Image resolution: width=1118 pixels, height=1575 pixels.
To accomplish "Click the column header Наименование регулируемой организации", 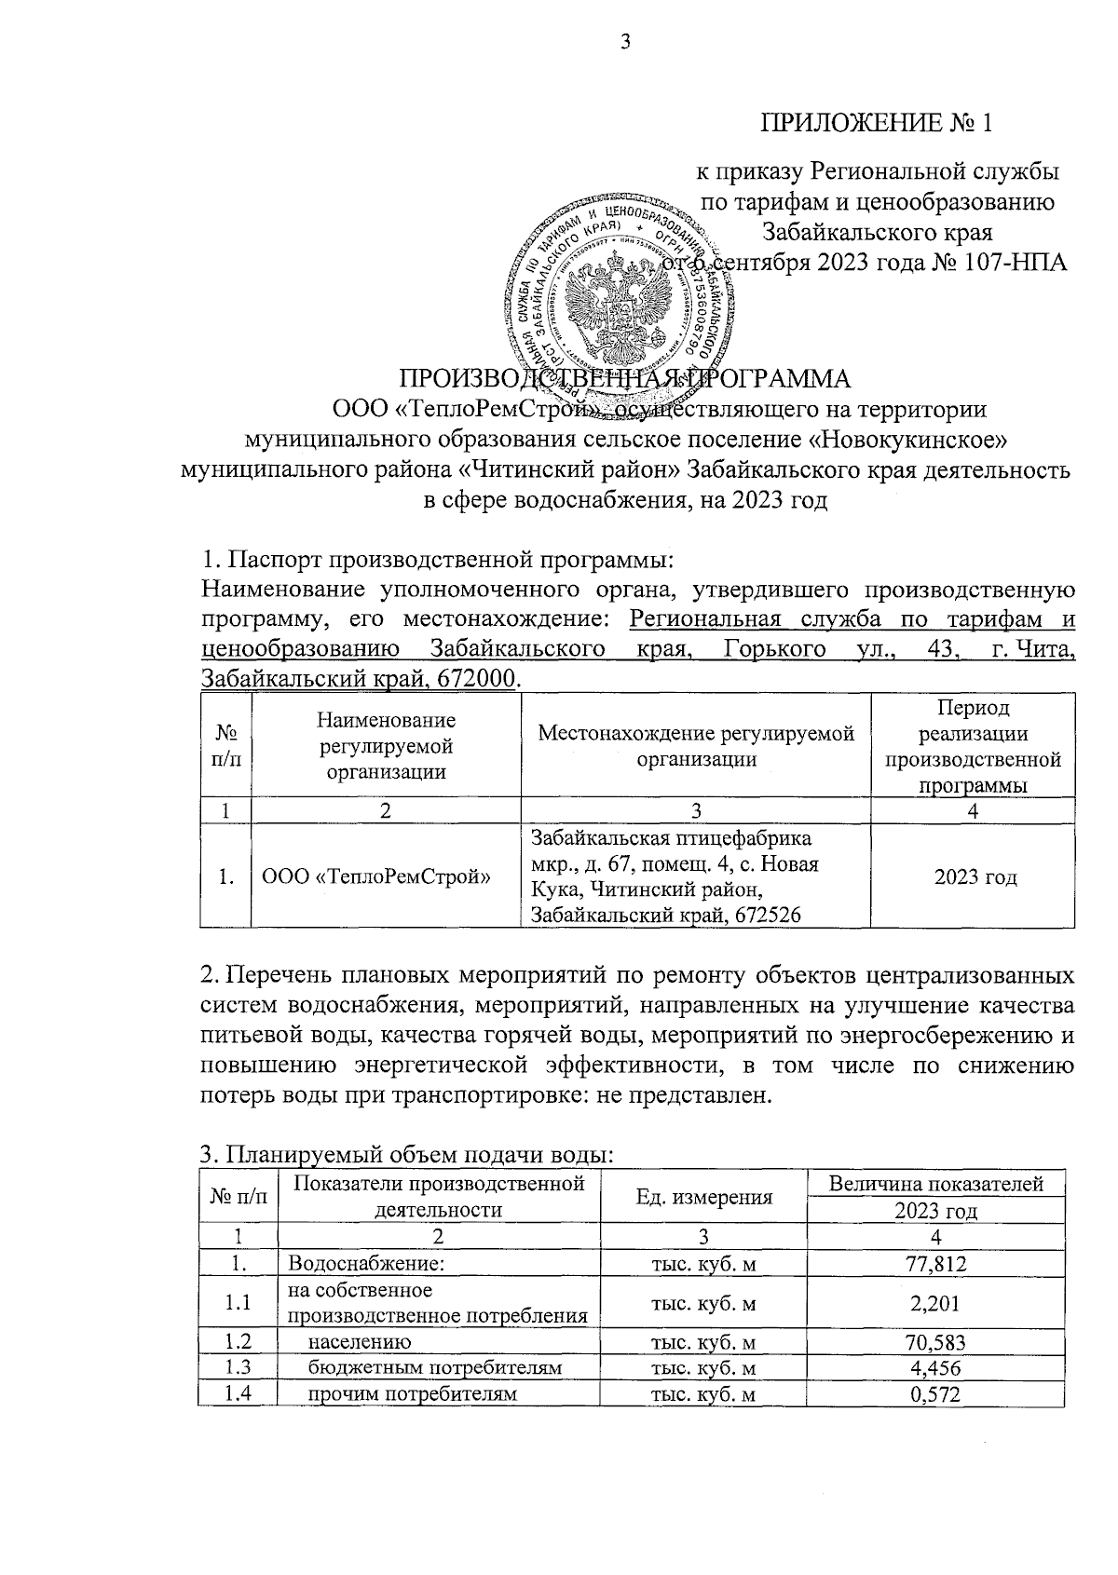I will (x=386, y=745).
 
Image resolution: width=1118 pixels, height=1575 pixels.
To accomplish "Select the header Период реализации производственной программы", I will (x=973, y=747).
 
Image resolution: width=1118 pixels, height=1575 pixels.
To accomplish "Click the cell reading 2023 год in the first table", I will (x=975, y=877).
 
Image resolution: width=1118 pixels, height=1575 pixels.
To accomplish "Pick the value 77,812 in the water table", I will (x=935, y=1265).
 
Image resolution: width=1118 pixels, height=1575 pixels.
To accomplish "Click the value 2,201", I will (x=935, y=1304).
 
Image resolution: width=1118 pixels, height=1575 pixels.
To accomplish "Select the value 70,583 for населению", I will (x=935, y=1342).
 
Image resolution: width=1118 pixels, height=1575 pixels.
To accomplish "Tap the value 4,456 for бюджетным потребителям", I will (x=935, y=1368).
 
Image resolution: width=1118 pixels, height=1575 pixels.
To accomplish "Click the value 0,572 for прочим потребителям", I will (x=935, y=1394).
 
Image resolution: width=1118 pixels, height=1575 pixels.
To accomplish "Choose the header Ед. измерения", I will (x=703, y=1198).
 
